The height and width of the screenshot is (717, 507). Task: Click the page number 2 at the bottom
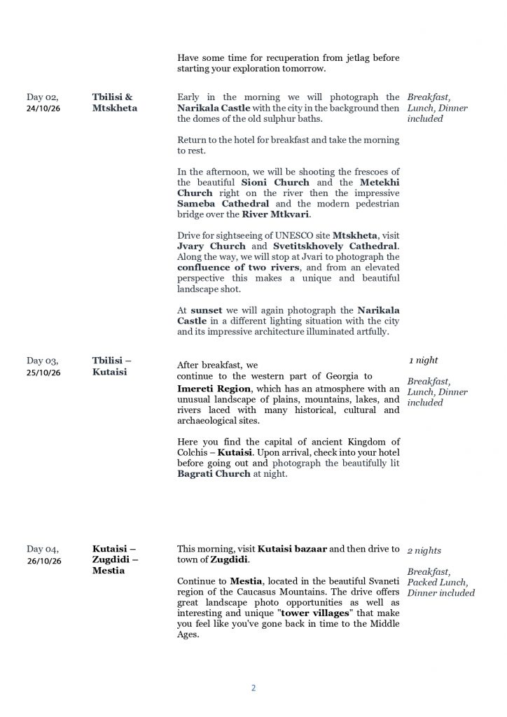coord(253,688)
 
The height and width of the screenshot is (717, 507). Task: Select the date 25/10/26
coord(43,373)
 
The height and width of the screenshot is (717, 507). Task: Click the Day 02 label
coord(42,97)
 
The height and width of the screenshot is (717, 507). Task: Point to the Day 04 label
coord(42,549)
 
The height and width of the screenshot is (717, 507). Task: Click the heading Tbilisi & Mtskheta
coord(114,103)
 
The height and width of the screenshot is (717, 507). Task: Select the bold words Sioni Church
coord(275,183)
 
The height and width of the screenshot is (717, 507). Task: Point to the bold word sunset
coord(207,309)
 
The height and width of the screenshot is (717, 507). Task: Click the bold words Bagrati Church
coord(214,473)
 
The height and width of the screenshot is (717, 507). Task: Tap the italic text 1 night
coord(424,361)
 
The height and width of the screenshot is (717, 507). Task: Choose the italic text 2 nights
coord(424,551)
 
